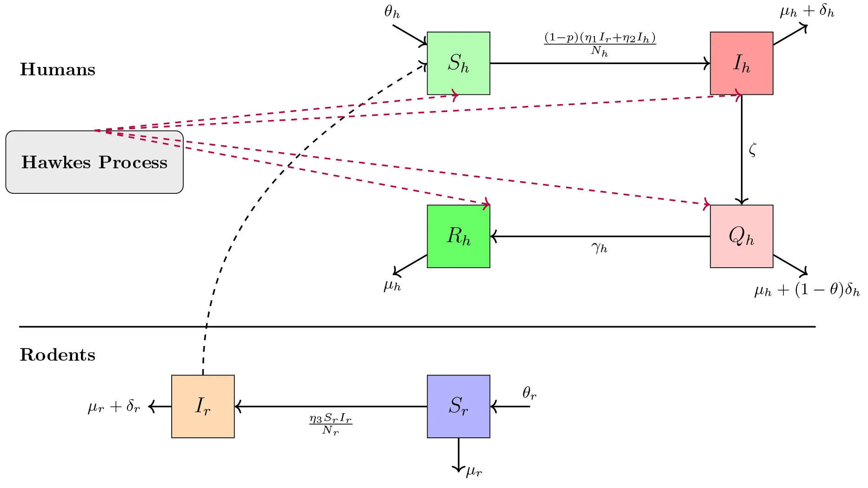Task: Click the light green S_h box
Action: coord(458,63)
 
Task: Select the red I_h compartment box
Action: coord(741,63)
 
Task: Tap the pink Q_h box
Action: coord(741,236)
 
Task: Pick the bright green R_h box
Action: coord(458,236)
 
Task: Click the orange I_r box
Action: coord(203,406)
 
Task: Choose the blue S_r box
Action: coord(458,406)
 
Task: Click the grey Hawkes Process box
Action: coord(94,162)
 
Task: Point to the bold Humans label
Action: coord(58,70)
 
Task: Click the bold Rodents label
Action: coord(58,355)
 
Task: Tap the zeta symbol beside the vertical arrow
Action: coord(753,150)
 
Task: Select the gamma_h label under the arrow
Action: coord(600,248)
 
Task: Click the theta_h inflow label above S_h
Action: coord(392,12)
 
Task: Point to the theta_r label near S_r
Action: coord(529,394)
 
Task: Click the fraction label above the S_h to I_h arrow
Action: coord(600,44)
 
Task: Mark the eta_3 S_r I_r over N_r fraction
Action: coord(330,424)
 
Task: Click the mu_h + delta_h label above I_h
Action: coord(807,11)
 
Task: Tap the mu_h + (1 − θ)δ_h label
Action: coord(807,290)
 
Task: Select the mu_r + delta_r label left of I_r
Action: coord(114,407)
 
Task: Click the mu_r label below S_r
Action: coord(474,472)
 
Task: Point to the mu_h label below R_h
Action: coord(392,285)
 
